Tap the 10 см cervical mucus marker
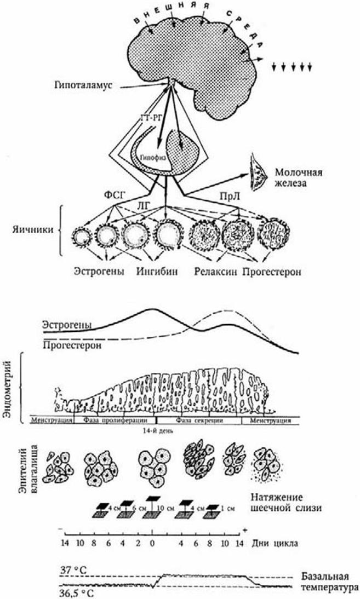coord(158,509)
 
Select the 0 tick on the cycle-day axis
coord(151,544)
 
